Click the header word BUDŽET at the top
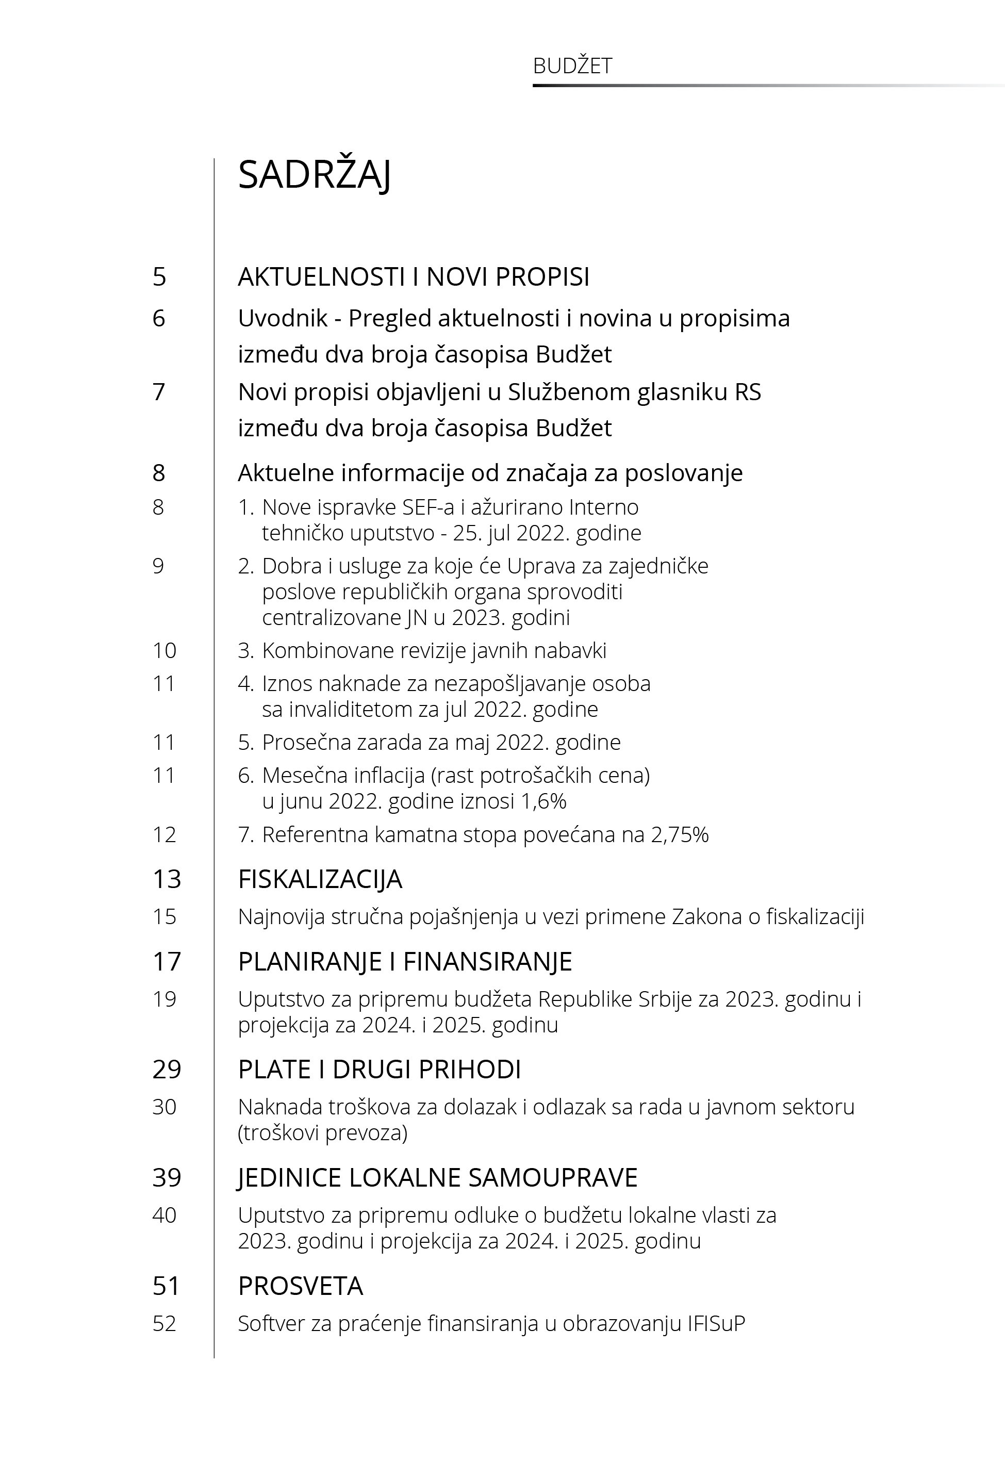(572, 66)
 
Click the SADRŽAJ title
(314, 175)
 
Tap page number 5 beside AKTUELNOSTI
(159, 277)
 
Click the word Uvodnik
(283, 319)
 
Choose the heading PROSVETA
(301, 1286)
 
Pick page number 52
(164, 1323)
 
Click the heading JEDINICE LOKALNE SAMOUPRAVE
(438, 1177)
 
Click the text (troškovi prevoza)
(322, 1134)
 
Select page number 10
(164, 650)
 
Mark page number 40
(164, 1215)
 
